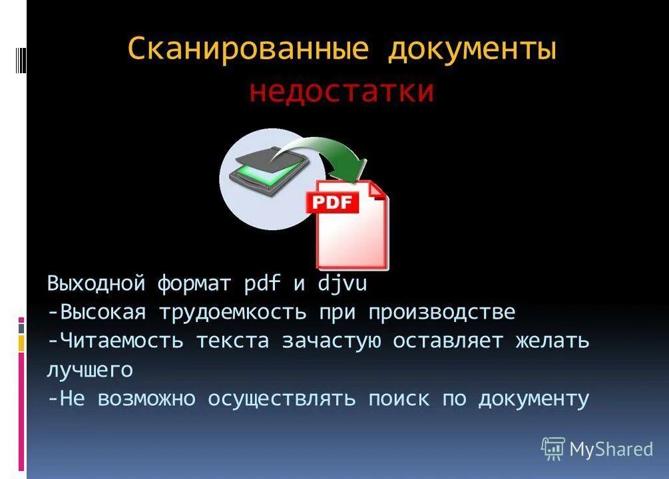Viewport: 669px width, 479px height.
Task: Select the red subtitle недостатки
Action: [x=341, y=91]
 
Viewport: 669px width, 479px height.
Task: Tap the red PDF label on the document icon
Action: [x=332, y=202]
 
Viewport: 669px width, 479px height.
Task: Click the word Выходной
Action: [x=96, y=284]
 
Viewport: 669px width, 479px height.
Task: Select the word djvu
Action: [x=341, y=285]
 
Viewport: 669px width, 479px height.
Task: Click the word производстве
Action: [x=442, y=312]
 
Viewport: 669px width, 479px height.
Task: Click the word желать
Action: [x=552, y=341]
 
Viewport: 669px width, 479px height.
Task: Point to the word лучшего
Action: [x=90, y=370]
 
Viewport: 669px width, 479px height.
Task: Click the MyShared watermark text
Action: [x=611, y=450]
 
